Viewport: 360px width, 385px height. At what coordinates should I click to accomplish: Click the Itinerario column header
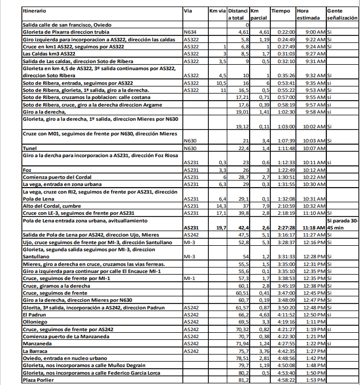click(35, 11)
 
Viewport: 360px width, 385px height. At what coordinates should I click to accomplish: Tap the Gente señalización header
click(342, 14)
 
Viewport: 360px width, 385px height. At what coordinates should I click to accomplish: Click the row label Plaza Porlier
click(37, 380)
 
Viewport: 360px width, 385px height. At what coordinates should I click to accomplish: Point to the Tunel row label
click(29, 148)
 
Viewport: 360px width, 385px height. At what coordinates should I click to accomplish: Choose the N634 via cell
click(191, 33)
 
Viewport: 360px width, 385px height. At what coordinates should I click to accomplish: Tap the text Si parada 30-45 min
click(343, 223)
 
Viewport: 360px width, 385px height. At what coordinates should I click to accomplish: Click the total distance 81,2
click(243, 380)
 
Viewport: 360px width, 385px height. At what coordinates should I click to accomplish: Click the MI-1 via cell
click(190, 278)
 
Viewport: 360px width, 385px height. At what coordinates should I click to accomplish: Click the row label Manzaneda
click(37, 344)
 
